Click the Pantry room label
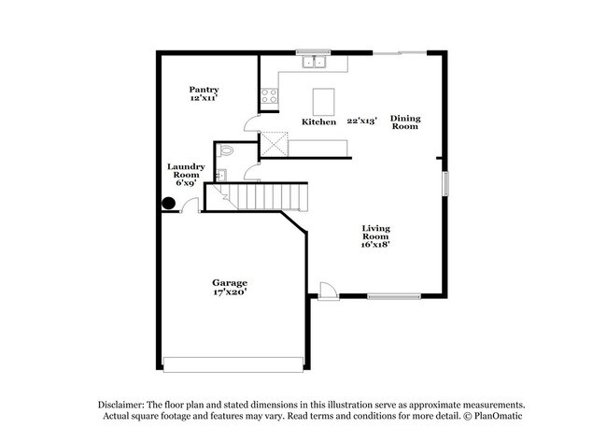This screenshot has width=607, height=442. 204,90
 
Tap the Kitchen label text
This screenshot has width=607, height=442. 318,122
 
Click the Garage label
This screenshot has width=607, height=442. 228,282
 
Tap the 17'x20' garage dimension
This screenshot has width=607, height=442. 228,292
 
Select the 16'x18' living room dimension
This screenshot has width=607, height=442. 375,245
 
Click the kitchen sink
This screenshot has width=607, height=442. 313,63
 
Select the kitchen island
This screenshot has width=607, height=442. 323,99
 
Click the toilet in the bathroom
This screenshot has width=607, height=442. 226,152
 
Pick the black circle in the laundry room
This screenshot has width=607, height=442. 169,204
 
